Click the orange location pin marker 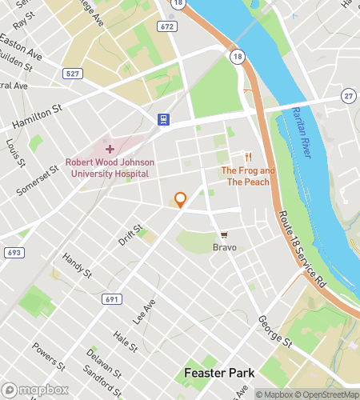coord(180,200)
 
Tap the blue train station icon coord(163,120)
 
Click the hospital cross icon coord(110,149)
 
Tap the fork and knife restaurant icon coord(248,157)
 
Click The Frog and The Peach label coord(247,176)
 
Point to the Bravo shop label coord(225,248)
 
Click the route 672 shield coord(166,26)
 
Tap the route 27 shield coord(349,96)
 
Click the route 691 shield coord(112,298)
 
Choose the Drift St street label coord(130,234)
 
